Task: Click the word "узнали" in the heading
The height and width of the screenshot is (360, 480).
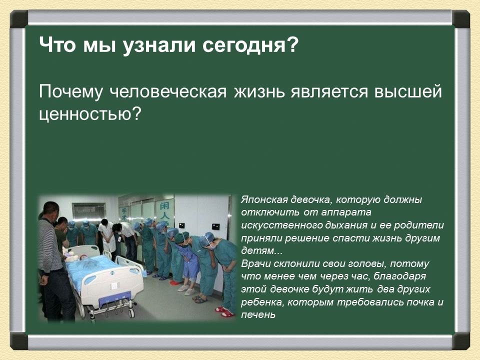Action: tap(153, 46)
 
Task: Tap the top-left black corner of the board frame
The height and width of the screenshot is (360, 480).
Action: tap(19, 18)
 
